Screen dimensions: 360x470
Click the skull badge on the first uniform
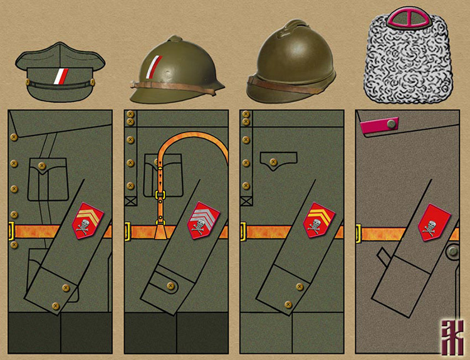click(x=88, y=220)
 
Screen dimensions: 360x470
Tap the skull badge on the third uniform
click(x=320, y=220)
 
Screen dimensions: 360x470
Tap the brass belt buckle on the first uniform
click(x=12, y=231)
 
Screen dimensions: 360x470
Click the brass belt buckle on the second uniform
click(x=128, y=231)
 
